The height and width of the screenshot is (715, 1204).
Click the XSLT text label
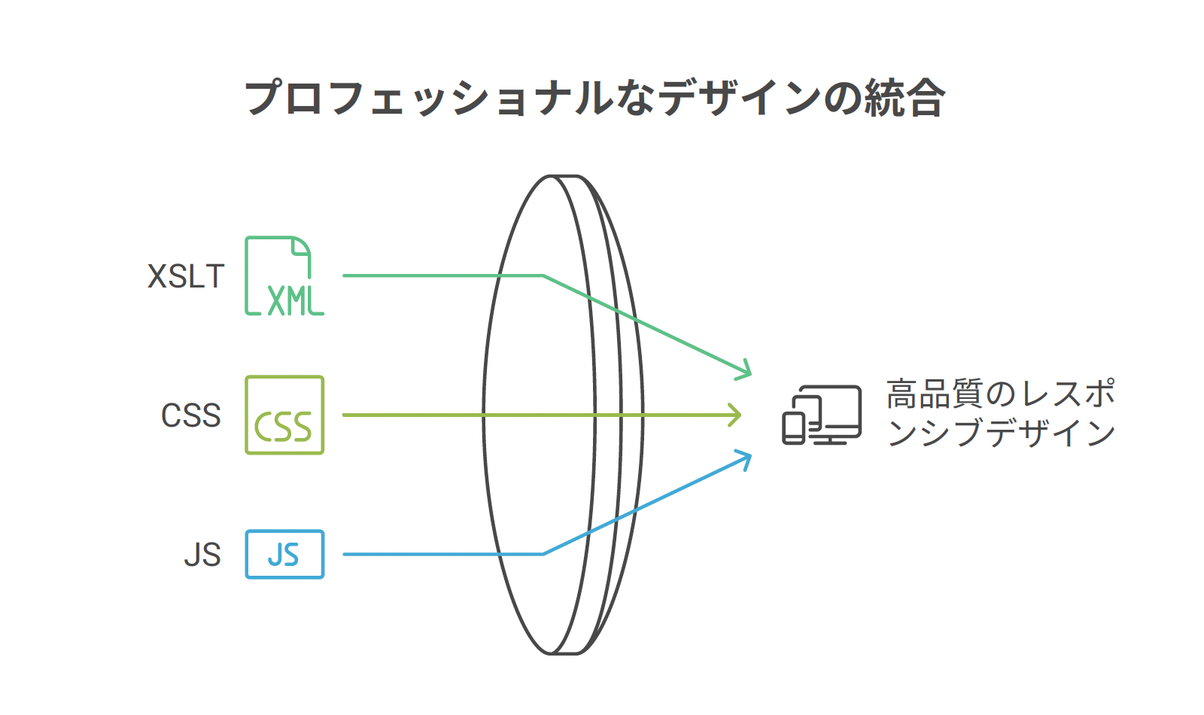(186, 276)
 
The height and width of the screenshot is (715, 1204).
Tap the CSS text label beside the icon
(191, 415)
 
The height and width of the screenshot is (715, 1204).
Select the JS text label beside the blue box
(202, 555)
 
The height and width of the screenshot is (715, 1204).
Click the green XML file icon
(284, 275)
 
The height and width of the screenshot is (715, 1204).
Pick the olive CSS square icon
(284, 415)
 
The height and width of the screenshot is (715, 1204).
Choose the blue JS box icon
(284, 555)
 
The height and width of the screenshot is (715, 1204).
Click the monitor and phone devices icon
(822, 415)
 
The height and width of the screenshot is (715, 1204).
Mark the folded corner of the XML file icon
(301, 246)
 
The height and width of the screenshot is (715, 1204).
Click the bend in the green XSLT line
(543, 275)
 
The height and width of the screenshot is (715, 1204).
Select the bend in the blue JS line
(543, 554)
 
